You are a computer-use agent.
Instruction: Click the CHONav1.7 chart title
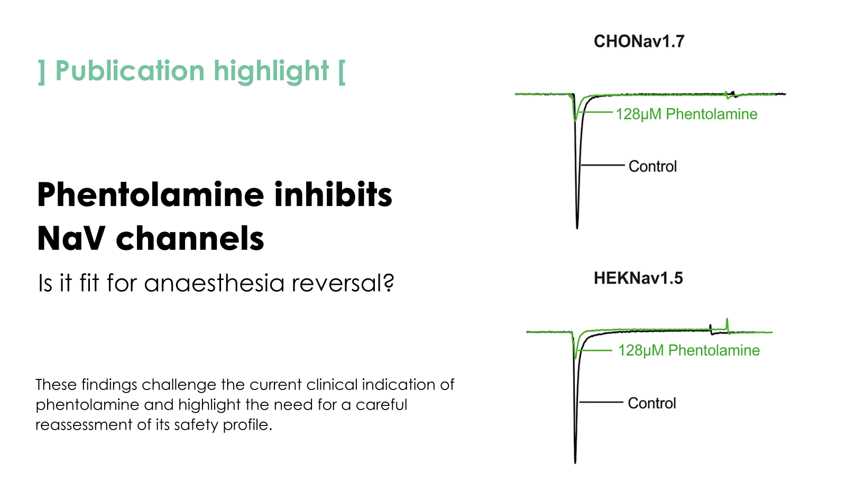click(639, 41)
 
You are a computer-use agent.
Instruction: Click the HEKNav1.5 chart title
click(638, 279)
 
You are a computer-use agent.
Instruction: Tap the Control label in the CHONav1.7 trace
click(652, 166)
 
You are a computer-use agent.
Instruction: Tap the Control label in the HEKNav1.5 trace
click(652, 403)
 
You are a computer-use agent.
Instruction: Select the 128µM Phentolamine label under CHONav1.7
click(687, 114)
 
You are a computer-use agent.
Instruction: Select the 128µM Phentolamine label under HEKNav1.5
click(689, 350)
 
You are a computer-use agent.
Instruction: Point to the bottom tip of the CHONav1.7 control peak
click(577, 228)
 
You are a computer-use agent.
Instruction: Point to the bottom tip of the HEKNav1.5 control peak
click(575, 463)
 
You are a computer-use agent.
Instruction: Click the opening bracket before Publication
click(42, 72)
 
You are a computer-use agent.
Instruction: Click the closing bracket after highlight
click(342, 72)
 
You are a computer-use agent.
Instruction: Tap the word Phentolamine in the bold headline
click(150, 194)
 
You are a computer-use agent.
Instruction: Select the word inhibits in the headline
click(334, 194)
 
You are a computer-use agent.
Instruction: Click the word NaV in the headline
click(71, 239)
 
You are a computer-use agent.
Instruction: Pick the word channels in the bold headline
click(190, 238)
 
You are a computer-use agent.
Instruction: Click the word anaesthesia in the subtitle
click(214, 283)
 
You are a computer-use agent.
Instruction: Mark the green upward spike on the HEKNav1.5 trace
click(728, 324)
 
